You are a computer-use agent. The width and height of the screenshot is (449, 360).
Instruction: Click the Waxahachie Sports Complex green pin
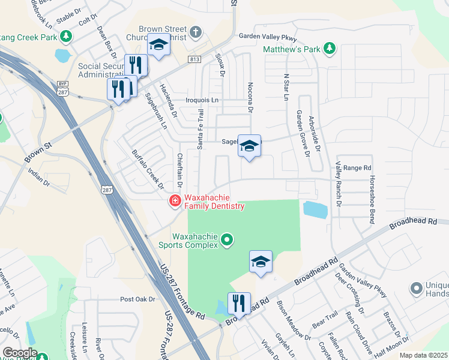(x=226, y=241)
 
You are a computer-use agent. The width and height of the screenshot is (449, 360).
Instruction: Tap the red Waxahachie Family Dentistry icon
(x=175, y=200)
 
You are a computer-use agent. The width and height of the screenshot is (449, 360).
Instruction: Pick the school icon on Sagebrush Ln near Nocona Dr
(x=249, y=146)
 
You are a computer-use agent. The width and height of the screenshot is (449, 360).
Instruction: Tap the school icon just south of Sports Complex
(x=261, y=262)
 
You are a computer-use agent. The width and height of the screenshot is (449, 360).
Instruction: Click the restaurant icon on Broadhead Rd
(x=238, y=304)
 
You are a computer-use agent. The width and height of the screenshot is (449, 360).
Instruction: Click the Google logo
(x=20, y=353)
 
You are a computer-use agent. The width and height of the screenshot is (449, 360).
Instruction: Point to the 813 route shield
(x=194, y=59)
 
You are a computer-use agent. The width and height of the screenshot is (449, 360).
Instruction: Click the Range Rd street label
(x=358, y=168)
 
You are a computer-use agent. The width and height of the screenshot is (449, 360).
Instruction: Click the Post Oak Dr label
(x=137, y=299)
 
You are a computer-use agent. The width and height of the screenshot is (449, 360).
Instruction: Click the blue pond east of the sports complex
(x=315, y=209)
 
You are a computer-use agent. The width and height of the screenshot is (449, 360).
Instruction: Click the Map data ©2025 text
(x=423, y=356)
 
